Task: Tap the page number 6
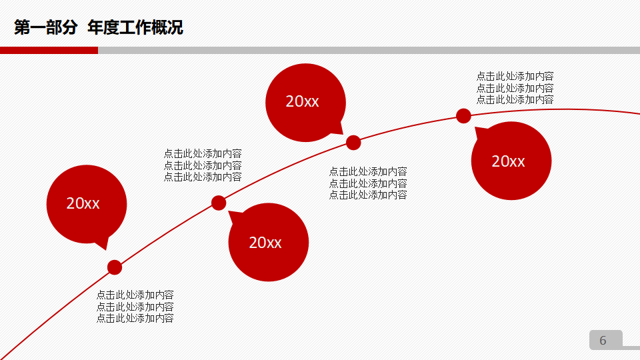pyautogui.click(x=603, y=341)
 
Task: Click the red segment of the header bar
pyautogui.click(x=49, y=50)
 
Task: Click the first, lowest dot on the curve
pyautogui.click(x=115, y=267)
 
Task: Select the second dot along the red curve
pyautogui.click(x=219, y=203)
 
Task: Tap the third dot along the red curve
pyautogui.click(x=353, y=142)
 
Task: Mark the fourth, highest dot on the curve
pyautogui.click(x=463, y=116)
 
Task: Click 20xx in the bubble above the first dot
pyautogui.click(x=83, y=204)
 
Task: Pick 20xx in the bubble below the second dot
pyautogui.click(x=265, y=243)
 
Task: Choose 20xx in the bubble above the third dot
pyautogui.click(x=303, y=101)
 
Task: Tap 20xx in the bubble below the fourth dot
pyautogui.click(x=508, y=161)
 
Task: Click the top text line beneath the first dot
pyautogui.click(x=135, y=295)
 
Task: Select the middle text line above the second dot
pyautogui.click(x=203, y=165)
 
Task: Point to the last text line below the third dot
pyautogui.click(x=368, y=195)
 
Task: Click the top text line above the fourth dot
pyautogui.click(x=515, y=76)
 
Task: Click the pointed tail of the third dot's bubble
pyautogui.click(x=339, y=128)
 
